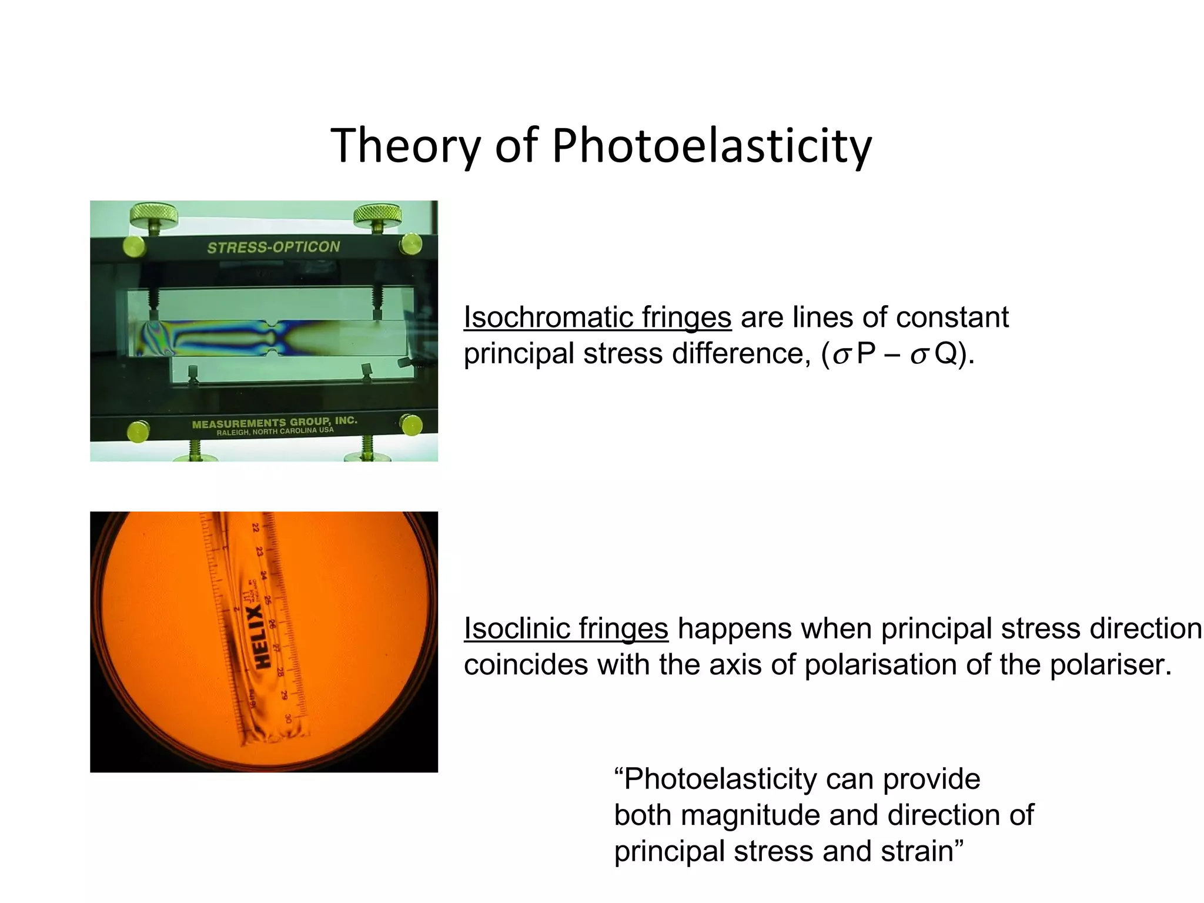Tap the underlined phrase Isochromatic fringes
(597, 317)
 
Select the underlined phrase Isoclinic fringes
(566, 628)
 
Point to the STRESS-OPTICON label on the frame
(273, 247)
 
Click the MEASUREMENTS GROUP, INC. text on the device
(275, 422)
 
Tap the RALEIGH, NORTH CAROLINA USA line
(275, 432)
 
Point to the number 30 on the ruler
(288, 718)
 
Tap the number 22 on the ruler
(256, 527)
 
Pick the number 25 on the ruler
(268, 600)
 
